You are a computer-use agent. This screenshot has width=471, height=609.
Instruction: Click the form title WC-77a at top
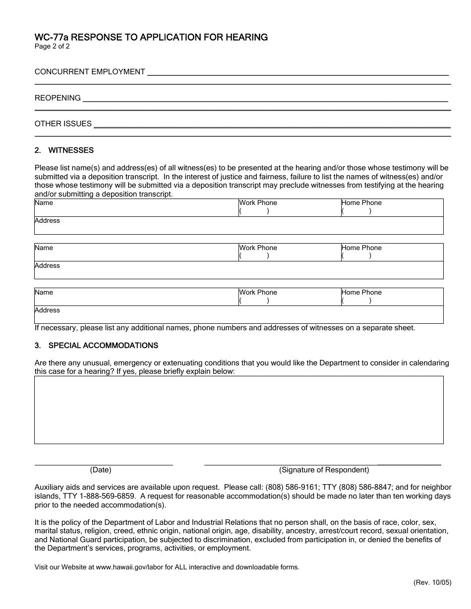(151, 37)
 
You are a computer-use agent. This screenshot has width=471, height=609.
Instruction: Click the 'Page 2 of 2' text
(52, 47)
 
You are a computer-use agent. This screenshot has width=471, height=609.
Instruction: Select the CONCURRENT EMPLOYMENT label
(90, 72)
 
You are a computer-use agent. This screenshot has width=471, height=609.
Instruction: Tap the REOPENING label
(58, 98)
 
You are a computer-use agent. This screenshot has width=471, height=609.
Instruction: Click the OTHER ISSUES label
(63, 124)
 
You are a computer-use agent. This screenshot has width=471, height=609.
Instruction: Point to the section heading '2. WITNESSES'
(64, 151)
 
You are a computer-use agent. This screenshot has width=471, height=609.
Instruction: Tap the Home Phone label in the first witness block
(361, 203)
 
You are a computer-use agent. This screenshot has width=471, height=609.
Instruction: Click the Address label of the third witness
(47, 310)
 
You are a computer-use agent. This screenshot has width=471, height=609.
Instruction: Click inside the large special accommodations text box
(238, 410)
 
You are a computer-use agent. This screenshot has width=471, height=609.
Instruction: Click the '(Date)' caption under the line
(101, 470)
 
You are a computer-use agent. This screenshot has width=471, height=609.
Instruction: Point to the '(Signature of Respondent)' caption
(324, 470)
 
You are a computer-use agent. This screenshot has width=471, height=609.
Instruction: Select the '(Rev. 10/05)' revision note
(432, 583)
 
